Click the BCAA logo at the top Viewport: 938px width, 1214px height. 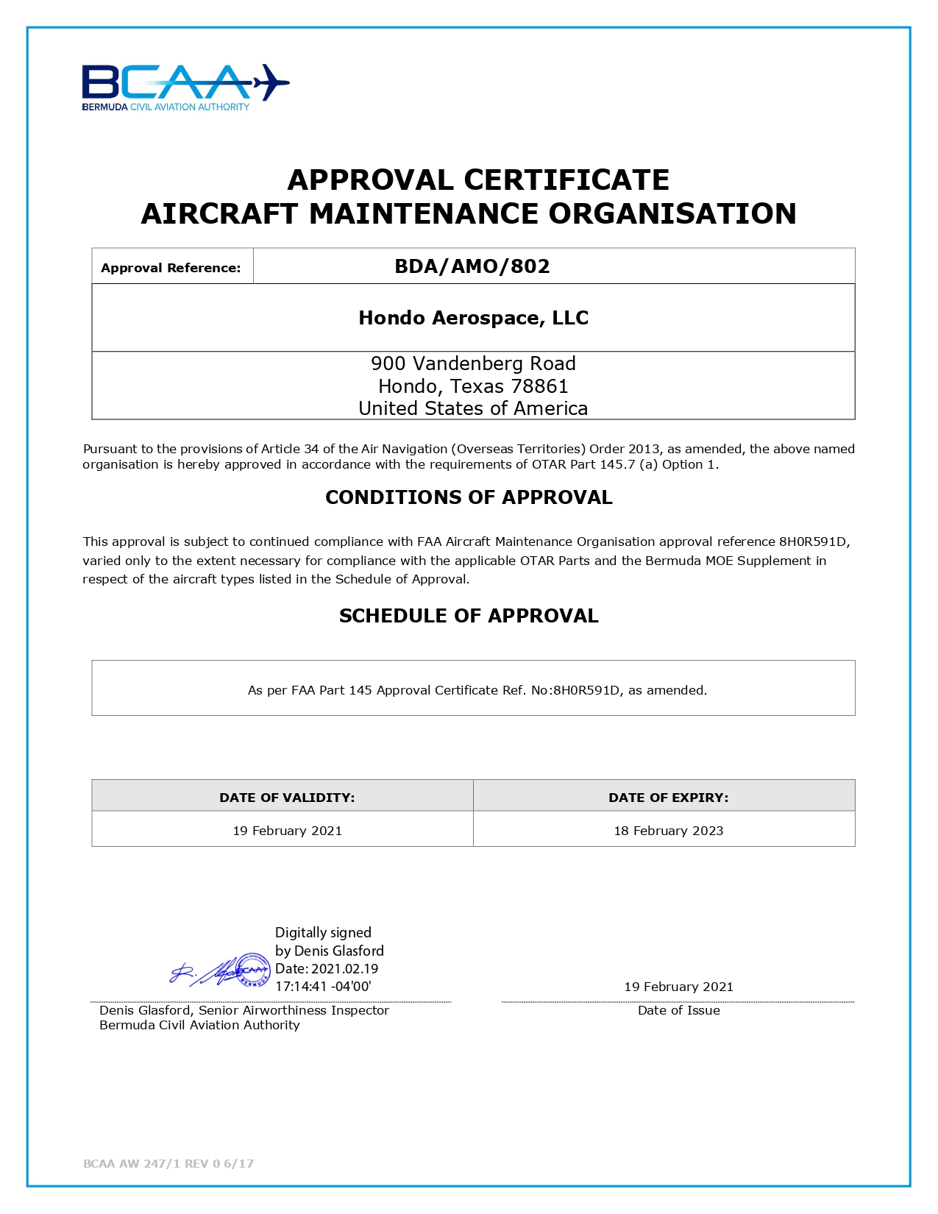185,87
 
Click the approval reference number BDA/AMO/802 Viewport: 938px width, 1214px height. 472,266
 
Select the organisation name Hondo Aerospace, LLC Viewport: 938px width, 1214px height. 473,318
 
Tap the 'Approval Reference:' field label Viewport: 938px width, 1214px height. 171,268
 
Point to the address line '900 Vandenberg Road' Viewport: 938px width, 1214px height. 473,363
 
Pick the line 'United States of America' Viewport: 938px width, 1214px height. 473,408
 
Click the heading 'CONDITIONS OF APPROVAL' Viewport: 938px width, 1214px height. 469,497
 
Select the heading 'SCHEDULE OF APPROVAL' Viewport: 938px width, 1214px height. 469,616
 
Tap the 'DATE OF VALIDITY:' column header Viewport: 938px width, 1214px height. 287,798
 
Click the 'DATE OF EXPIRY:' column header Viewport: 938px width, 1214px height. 668,798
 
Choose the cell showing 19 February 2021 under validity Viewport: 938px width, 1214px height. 287,831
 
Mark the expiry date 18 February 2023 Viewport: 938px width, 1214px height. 668,831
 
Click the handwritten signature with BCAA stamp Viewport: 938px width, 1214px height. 221,971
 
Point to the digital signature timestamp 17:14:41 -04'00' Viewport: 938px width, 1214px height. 323,987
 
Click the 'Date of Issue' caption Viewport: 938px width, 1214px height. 678,1010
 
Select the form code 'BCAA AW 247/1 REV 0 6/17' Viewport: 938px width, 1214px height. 168,1163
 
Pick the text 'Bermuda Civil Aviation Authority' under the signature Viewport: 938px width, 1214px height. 199,1025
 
